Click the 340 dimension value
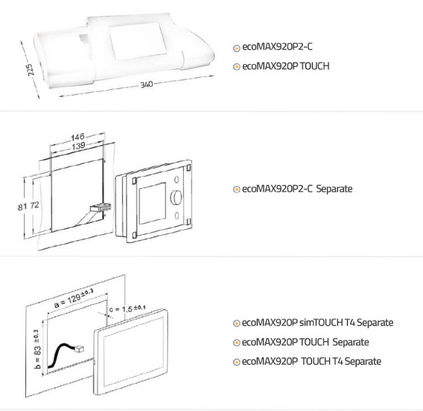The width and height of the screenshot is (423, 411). point(147,85)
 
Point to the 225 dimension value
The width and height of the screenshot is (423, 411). point(31,69)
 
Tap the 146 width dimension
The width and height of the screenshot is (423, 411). point(78,137)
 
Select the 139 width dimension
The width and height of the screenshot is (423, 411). point(78,146)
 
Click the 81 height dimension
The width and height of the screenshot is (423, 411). point(23,207)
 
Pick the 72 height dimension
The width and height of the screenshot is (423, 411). point(34,205)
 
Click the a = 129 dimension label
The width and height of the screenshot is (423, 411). point(74,298)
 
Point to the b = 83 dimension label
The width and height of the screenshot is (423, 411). point(38,349)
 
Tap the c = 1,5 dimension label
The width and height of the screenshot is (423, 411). point(127,308)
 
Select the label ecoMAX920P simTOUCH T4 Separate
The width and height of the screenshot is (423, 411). point(318,323)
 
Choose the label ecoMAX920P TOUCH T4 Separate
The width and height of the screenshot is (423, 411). point(312,361)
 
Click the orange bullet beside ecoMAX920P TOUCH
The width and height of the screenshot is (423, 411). point(237,67)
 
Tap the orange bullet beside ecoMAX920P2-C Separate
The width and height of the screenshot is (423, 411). point(237,189)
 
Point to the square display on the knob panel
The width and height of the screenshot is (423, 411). point(152,203)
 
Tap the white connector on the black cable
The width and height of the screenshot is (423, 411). point(80,349)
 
